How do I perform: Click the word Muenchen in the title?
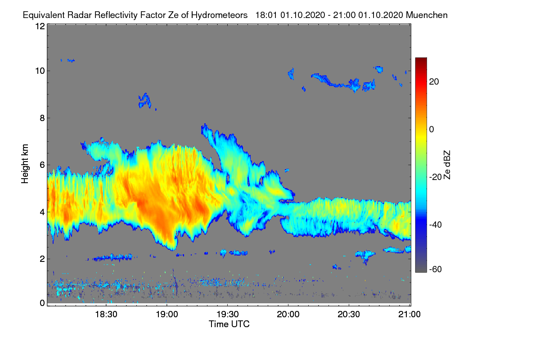pyautogui.click(x=427, y=15)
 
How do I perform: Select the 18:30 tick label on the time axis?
pyautogui.click(x=106, y=314)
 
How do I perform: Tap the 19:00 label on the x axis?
pyautogui.click(x=166, y=314)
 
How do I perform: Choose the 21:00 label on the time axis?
pyautogui.click(x=409, y=314)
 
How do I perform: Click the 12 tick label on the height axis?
pyautogui.click(x=40, y=26)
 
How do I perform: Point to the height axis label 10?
pyautogui.click(x=40, y=71)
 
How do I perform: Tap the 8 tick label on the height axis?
pyautogui.click(x=42, y=118)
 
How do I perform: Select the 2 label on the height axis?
pyautogui.click(x=42, y=259)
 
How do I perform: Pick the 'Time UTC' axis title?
pyautogui.click(x=229, y=324)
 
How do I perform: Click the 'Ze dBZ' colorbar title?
pyautogui.click(x=447, y=165)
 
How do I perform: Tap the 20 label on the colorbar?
pyautogui.click(x=434, y=81)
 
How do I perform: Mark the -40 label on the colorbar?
pyautogui.click(x=436, y=225)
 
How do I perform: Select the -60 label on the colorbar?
pyautogui.click(x=436, y=269)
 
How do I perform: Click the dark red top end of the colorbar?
pyautogui.click(x=421, y=60)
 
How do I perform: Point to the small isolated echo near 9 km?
pyautogui.click(x=144, y=100)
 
